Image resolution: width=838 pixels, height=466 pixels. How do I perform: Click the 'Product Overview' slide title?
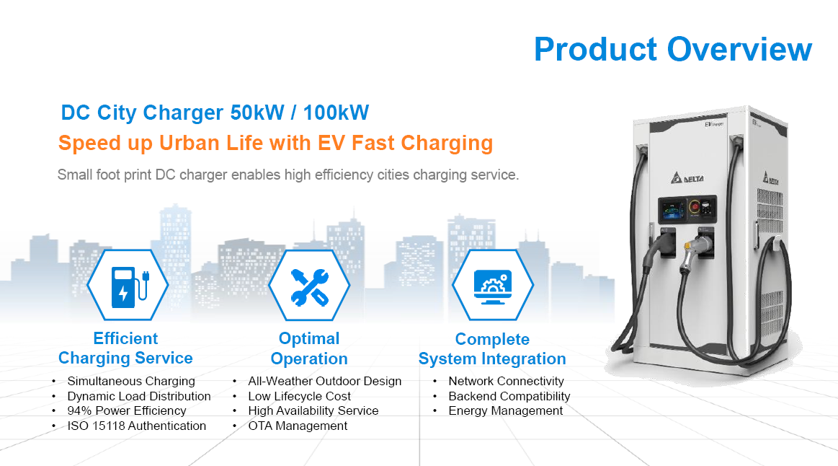673,49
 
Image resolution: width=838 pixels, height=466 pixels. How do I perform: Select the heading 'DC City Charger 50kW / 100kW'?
215,113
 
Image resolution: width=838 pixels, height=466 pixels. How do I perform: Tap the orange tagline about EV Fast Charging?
275,143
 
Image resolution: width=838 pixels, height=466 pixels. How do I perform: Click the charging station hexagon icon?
128,285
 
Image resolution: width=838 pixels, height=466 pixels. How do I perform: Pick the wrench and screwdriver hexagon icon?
309,285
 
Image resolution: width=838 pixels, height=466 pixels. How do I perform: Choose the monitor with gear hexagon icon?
493,285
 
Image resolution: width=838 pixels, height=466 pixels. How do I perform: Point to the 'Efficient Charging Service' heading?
125,348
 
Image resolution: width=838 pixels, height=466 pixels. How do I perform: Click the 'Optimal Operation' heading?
309,348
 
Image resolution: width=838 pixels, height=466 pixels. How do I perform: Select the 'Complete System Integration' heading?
492,349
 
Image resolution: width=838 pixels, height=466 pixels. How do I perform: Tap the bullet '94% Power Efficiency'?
127,411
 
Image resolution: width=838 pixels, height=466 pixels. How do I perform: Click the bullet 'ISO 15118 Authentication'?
136,426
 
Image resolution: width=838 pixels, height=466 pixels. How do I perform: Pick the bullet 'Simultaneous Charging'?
131,381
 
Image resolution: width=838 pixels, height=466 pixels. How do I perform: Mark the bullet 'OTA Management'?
298,426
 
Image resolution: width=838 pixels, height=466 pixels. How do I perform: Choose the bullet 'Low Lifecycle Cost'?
299,397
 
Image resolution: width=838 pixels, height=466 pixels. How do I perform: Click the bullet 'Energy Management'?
506,411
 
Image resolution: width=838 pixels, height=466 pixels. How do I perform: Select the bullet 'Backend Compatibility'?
509,397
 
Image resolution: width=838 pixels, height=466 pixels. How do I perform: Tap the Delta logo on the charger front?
688,177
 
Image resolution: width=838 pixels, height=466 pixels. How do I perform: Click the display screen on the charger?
672,210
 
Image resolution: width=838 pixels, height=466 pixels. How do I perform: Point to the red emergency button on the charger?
694,206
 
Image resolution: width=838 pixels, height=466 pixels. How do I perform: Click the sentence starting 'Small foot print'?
288,175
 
